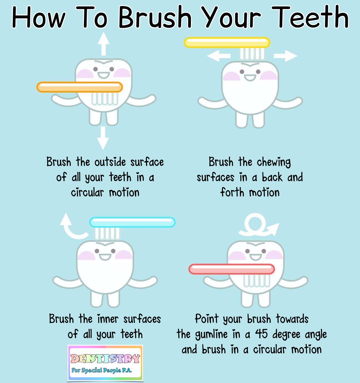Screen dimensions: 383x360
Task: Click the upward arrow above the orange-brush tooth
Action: tap(103, 45)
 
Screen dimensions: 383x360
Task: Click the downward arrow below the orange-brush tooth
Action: tap(103, 138)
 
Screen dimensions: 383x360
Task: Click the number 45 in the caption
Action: tap(262, 334)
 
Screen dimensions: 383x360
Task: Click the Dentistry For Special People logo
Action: tap(105, 363)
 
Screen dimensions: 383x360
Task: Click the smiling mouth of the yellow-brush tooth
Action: tap(250, 78)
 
